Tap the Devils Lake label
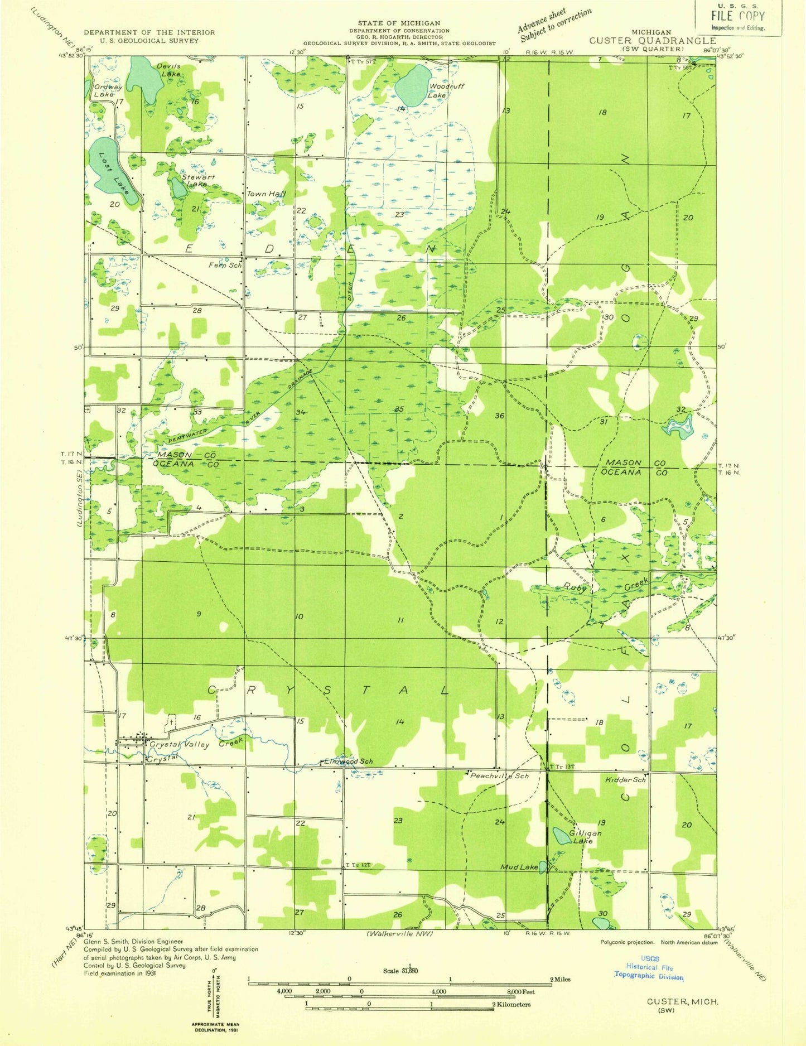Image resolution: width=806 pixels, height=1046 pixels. click(161, 70)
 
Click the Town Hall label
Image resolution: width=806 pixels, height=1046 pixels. click(266, 194)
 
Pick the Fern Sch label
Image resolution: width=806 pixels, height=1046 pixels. click(225, 266)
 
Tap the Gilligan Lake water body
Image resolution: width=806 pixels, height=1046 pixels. click(560, 836)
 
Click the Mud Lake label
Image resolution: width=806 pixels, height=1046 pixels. click(519, 867)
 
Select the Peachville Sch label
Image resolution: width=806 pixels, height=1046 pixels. click(499, 776)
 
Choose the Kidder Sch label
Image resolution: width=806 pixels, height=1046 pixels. click(625, 779)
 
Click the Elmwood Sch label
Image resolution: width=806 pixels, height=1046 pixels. click(348, 761)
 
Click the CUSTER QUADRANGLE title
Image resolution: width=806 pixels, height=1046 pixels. click(652, 41)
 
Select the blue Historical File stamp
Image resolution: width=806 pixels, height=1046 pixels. click(649, 967)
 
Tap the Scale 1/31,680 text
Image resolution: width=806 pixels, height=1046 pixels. click(400, 970)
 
